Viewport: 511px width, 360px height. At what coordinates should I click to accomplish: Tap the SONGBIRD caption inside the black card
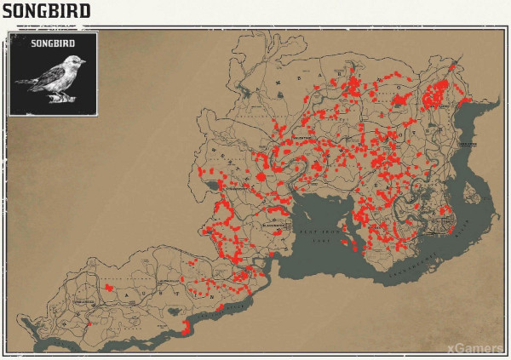click(x=53, y=43)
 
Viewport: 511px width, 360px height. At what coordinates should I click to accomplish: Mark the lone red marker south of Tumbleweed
click(x=89, y=324)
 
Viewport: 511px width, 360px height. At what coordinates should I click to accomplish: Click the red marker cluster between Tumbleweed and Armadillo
click(x=109, y=289)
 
